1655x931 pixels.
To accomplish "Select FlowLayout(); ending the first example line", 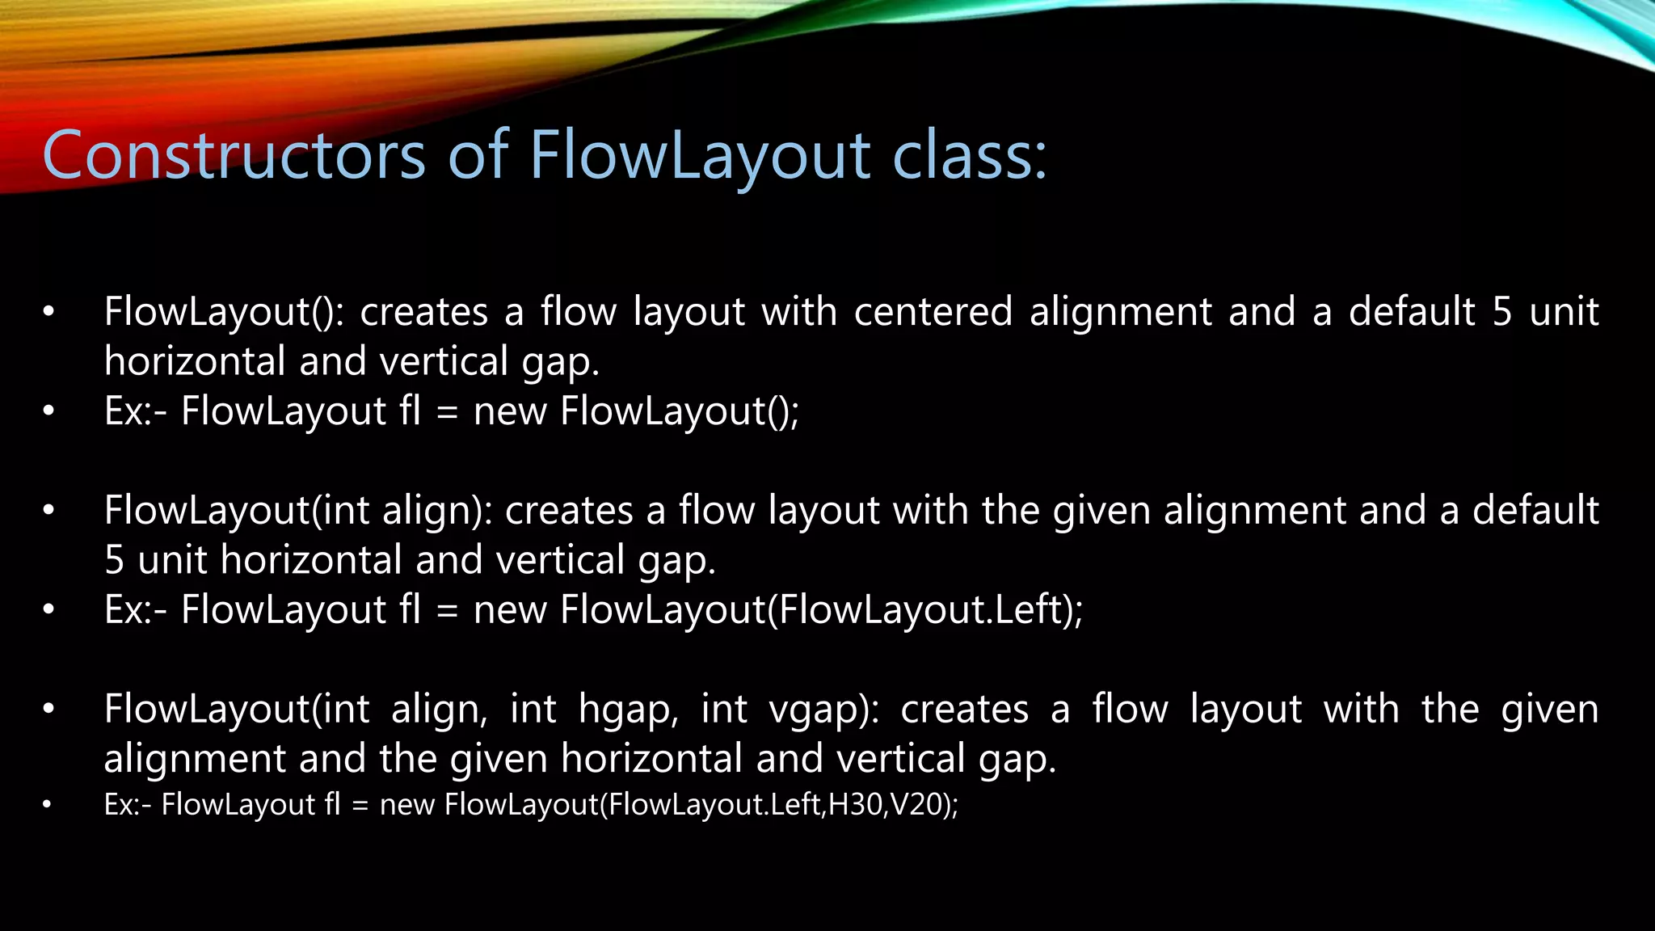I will click(680, 411).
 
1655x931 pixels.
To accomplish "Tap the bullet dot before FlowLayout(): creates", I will click(48, 312).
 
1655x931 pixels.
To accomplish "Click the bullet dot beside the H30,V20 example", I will click(48, 805).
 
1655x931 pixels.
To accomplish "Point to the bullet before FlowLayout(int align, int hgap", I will click(48, 710).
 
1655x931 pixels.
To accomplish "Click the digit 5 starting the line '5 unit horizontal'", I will click(115, 560).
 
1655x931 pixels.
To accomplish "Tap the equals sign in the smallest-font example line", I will click(360, 805).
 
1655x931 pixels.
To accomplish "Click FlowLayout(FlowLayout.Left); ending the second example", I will click(821, 610).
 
